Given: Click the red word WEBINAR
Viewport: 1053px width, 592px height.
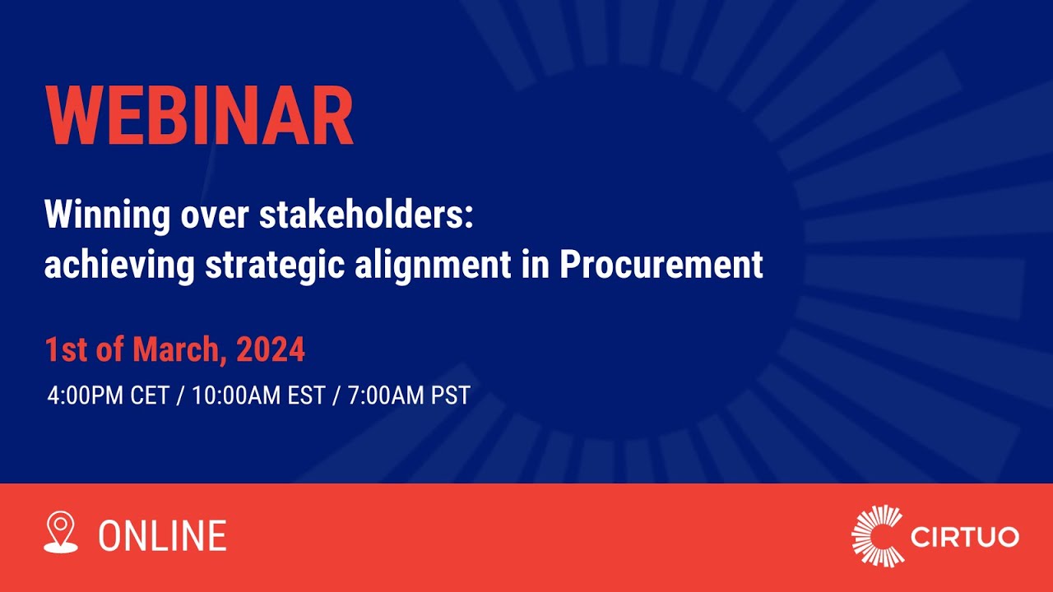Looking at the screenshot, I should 200,117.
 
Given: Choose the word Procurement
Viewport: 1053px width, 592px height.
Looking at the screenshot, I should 661,265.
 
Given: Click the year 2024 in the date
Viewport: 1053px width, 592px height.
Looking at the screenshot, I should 271,350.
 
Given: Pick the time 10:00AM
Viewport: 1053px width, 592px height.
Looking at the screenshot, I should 233,395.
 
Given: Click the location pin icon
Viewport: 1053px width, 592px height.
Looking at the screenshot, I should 61,532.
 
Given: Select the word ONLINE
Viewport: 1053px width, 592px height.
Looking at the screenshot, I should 162,536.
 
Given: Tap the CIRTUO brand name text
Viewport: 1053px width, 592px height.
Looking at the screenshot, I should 965,538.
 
